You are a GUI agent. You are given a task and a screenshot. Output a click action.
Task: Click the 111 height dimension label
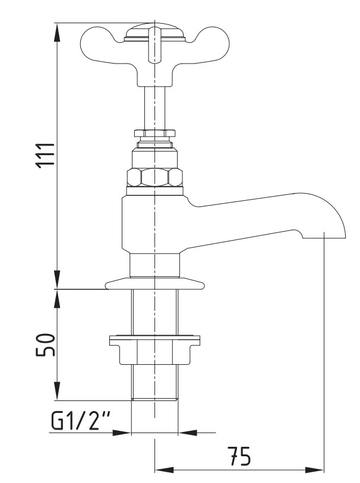pyautogui.click(x=45, y=156)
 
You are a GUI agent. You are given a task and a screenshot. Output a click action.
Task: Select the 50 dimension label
pyautogui.click(x=45, y=345)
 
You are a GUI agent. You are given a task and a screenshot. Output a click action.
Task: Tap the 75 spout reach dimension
pyautogui.click(x=239, y=456)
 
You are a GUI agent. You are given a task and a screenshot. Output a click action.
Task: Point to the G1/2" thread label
pyautogui.click(x=81, y=421)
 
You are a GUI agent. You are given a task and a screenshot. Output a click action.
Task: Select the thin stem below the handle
pyautogui.click(x=154, y=108)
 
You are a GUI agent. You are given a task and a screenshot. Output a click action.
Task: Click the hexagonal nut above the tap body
pyautogui.click(x=154, y=178)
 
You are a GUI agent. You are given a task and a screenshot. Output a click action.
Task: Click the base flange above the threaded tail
pyautogui.click(x=154, y=283)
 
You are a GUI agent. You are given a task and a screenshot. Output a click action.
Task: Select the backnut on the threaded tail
pyautogui.click(x=154, y=349)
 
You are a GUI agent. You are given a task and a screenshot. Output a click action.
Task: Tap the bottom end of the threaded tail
pyautogui.click(x=154, y=399)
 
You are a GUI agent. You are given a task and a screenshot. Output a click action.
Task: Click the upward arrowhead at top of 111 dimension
pyautogui.click(x=57, y=32)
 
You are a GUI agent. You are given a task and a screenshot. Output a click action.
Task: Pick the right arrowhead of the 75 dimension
pyautogui.click(x=314, y=471)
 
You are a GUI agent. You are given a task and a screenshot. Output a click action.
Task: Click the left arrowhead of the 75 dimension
pyautogui.click(x=164, y=471)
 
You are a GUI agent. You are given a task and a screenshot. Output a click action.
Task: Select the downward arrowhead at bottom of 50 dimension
pyautogui.click(x=57, y=391)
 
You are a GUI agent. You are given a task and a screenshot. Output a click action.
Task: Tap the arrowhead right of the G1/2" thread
pyautogui.click(x=188, y=433)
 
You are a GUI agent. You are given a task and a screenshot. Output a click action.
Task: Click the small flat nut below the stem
pyautogui.click(x=154, y=133)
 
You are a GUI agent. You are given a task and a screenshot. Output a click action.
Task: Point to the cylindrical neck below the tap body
pyautogui.click(x=154, y=266)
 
